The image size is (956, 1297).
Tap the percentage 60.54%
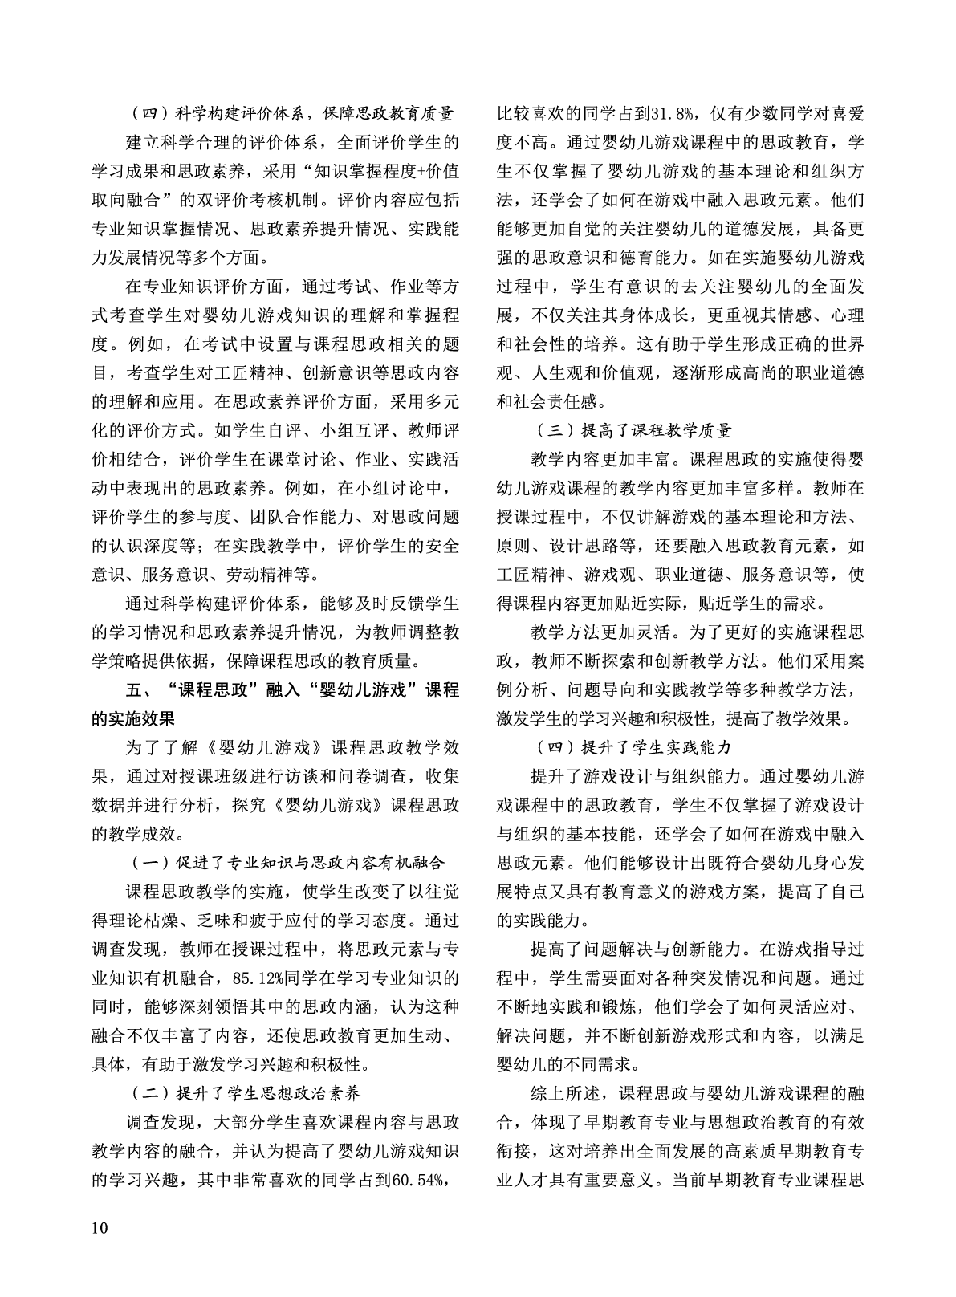pyautogui.click(x=418, y=1180)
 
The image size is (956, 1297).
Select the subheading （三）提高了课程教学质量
pyautogui.click(x=634, y=431)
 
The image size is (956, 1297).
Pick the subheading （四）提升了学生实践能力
pyautogui.click(x=634, y=747)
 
